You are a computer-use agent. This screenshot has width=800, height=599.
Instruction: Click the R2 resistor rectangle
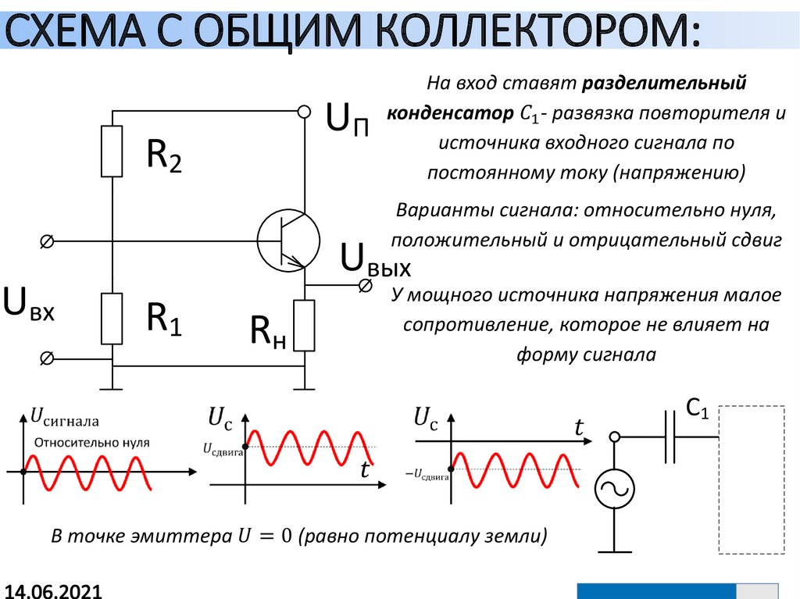pos(112,152)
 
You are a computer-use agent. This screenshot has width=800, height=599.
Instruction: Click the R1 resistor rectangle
pos(112,319)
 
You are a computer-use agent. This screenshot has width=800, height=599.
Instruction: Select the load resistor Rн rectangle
pos(305,326)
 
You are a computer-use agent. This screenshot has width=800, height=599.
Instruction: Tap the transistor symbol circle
pos(287,240)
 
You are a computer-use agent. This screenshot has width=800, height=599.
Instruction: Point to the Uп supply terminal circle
pos(305,112)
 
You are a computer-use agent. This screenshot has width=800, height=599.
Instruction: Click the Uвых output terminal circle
pos(364,286)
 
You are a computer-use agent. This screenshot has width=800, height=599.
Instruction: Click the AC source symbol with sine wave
pos(616,489)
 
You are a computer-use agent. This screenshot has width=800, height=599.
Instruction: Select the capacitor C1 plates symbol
pos(670,437)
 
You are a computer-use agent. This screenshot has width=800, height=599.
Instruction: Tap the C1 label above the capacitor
pos(697,408)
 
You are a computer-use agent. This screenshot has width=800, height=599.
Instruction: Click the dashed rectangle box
pos(751,480)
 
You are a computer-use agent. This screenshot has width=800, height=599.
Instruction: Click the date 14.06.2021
pos(53,589)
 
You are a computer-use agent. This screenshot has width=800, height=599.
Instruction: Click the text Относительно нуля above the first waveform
pos(91,442)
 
